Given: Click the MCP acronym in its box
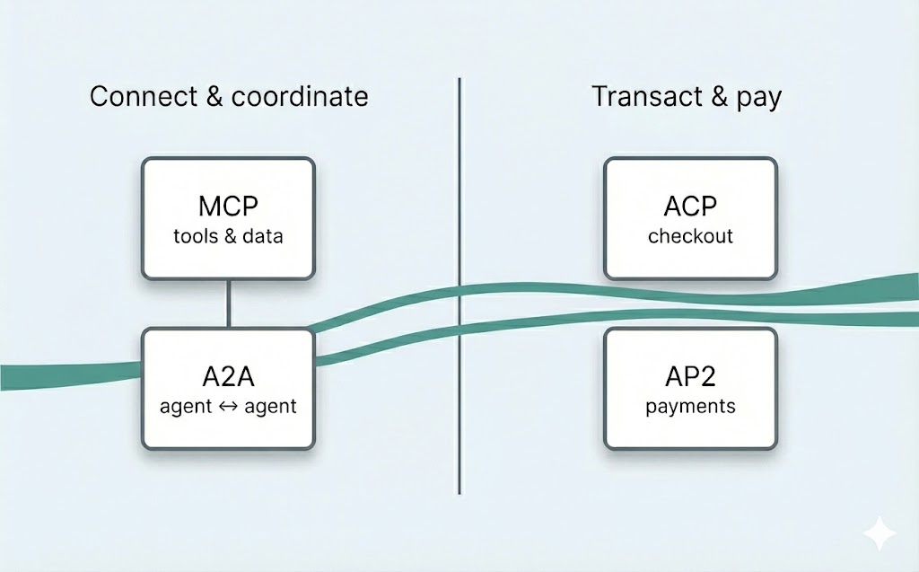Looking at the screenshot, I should point(228,206).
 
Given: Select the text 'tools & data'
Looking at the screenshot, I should point(228,236).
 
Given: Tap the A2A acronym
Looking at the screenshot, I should point(228,375).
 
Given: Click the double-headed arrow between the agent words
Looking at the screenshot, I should point(227,406).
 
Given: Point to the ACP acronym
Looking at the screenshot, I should point(690,206).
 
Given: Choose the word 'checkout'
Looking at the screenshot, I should point(690,236).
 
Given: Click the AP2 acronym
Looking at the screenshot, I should point(690,375).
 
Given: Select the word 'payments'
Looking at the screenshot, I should point(690,406).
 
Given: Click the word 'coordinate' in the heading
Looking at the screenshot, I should point(300,96).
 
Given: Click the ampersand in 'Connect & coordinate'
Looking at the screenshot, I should point(214,96).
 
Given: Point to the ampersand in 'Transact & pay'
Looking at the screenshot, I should point(720,96).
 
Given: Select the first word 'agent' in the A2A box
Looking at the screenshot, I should point(186,406).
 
